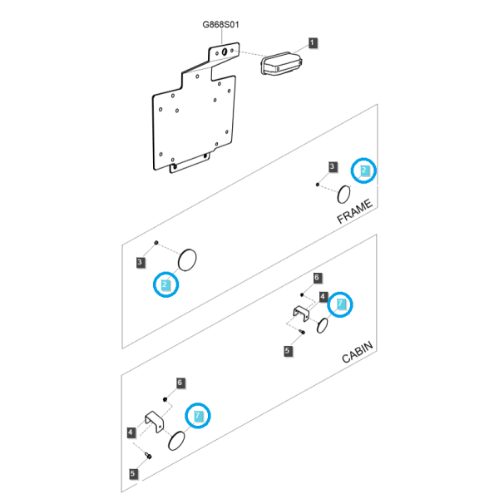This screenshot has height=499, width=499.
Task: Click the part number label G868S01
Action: tap(220, 24)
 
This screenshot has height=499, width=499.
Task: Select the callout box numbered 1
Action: tap(312, 42)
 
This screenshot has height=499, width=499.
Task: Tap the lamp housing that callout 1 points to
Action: tap(281, 63)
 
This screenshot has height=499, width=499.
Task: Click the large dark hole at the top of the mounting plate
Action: tap(225, 52)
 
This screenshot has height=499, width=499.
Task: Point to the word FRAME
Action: tap(354, 211)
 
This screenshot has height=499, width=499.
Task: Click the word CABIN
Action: tap(358, 352)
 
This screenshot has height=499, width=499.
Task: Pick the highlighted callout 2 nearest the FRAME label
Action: tap(363, 170)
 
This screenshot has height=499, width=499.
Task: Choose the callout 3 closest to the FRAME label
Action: tap(333, 166)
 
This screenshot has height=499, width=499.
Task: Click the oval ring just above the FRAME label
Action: tap(343, 194)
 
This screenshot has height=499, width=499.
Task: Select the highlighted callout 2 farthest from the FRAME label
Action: tap(166, 284)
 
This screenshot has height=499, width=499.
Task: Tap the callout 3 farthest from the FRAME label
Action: tap(140, 263)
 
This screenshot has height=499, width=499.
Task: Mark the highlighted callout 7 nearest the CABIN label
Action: tap(340, 304)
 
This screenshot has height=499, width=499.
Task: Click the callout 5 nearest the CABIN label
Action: tap(288, 351)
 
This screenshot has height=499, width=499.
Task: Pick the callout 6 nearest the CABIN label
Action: tap(317, 278)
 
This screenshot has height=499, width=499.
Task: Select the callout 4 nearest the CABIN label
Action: tap(323, 297)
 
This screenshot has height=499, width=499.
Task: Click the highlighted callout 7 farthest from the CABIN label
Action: tap(198, 415)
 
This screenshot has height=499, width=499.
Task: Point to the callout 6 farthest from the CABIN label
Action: tap(180, 383)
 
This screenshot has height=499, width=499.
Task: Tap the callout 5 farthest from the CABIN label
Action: tap(133, 473)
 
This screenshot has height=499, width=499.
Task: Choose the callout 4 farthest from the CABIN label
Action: tap(131, 432)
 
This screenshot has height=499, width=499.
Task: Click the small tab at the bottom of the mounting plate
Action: tap(190, 164)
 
